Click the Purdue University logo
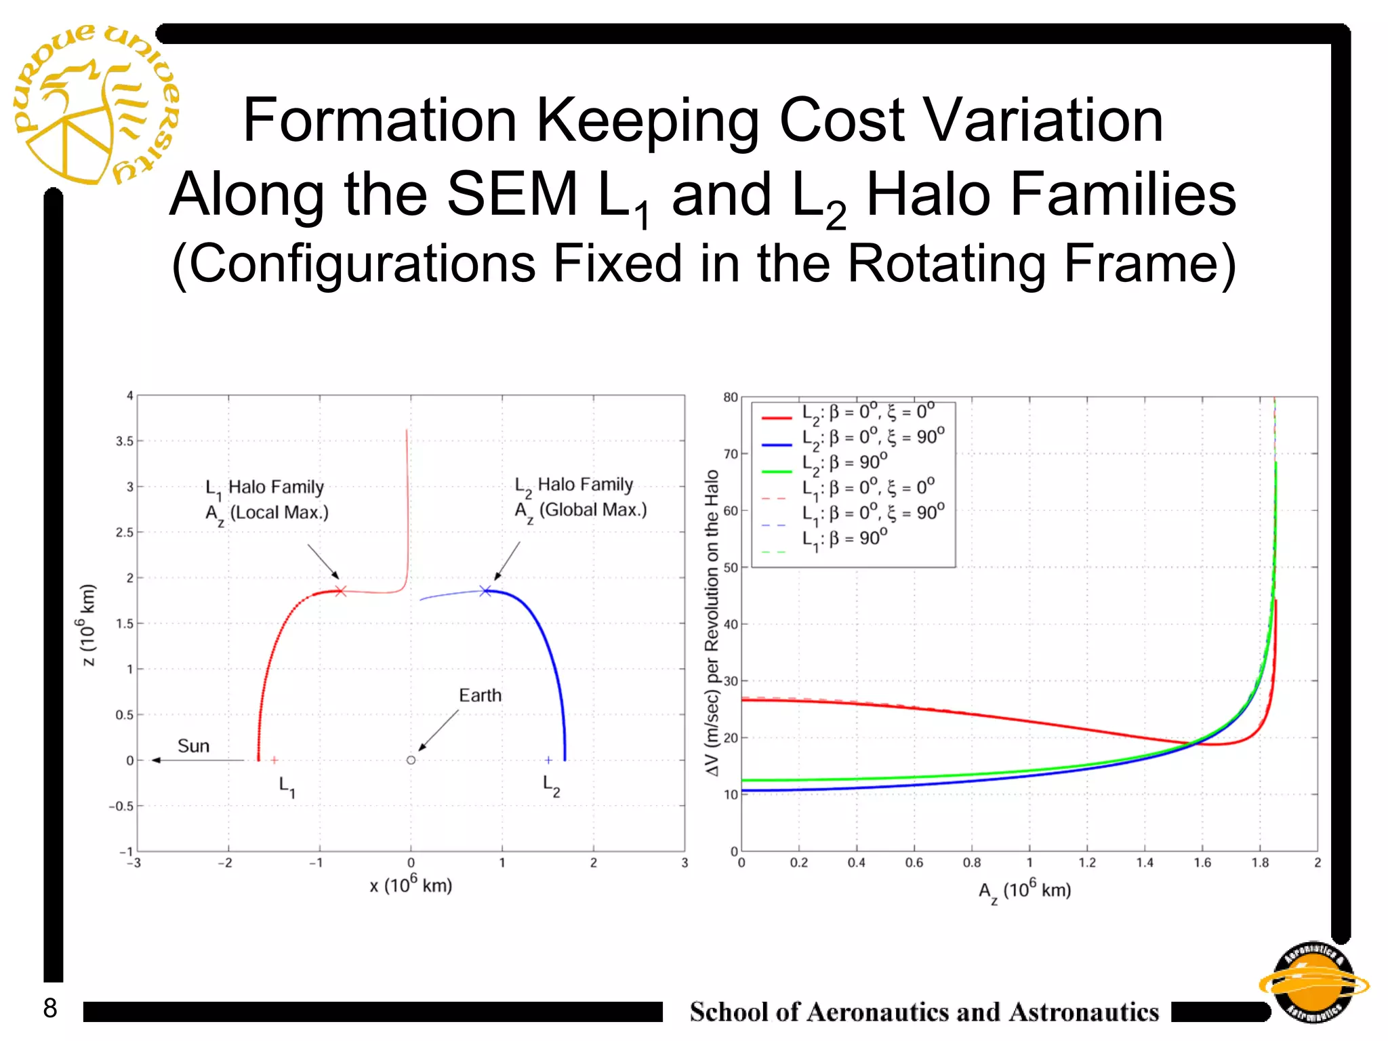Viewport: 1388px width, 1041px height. click(x=95, y=105)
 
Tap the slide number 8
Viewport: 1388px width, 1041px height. click(x=50, y=1008)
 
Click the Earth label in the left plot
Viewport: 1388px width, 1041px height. click(x=480, y=695)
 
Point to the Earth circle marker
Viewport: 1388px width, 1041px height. click(x=411, y=760)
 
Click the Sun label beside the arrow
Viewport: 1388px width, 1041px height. click(x=193, y=746)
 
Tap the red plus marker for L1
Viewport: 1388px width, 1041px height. click(x=274, y=760)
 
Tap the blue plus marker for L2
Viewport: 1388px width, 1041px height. click(x=548, y=760)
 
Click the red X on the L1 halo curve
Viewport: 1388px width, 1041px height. click(x=340, y=591)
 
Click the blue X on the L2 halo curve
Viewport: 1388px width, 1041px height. click(x=485, y=591)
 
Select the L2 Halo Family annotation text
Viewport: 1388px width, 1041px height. click(x=580, y=497)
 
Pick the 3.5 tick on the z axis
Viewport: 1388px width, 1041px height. click(x=125, y=441)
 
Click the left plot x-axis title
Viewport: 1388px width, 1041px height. click(x=411, y=885)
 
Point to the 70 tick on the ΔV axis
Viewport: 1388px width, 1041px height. click(x=730, y=454)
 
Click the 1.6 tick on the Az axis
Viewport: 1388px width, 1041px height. click(x=1202, y=863)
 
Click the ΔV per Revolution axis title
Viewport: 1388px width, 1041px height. click(x=712, y=623)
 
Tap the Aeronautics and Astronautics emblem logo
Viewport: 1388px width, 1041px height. click(x=1313, y=983)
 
